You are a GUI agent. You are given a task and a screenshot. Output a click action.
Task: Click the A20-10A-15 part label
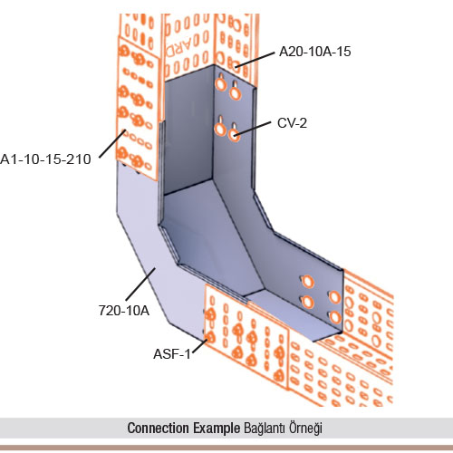315,52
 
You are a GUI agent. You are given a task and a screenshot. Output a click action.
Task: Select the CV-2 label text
292,123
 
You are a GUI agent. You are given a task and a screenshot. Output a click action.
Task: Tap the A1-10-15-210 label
45,159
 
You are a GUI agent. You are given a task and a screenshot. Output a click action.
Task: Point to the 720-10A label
124,311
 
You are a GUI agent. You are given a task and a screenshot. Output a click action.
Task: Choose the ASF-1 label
172,354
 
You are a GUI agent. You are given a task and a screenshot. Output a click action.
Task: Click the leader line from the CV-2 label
252,128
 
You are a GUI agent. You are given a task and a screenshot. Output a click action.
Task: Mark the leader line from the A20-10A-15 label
255,60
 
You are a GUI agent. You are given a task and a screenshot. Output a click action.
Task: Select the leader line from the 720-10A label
140,284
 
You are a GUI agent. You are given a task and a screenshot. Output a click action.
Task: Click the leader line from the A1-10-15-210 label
112,144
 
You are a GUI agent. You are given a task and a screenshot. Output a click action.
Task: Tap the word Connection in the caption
159,428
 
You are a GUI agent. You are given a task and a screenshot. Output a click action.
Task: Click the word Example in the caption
217,429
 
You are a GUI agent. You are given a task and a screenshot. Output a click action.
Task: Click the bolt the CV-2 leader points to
235,134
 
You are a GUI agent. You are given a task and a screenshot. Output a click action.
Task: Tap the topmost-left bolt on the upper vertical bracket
221,84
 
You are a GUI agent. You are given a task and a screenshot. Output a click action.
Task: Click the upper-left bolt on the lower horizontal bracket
307,282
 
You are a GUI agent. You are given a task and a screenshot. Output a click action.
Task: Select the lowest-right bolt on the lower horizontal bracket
335,317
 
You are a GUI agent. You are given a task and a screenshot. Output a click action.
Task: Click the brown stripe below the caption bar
226,448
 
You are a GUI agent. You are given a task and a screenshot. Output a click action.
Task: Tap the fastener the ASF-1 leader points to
209,338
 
